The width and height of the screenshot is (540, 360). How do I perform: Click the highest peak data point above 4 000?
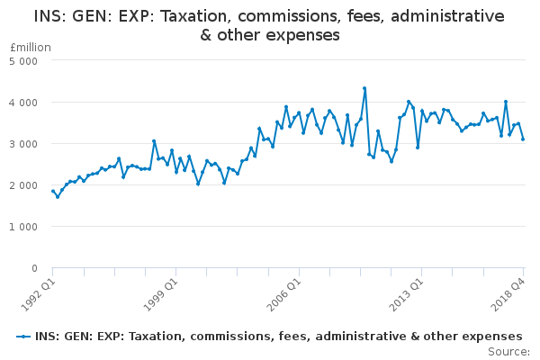click(x=364, y=88)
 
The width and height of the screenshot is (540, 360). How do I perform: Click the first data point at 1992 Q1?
click(x=53, y=191)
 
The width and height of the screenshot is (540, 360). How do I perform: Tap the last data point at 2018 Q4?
click(x=523, y=139)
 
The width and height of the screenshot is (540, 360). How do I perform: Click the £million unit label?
click(x=31, y=47)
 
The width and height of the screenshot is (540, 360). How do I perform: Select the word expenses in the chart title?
click(x=295, y=35)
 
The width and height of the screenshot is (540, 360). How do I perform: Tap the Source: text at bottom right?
click(x=508, y=351)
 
